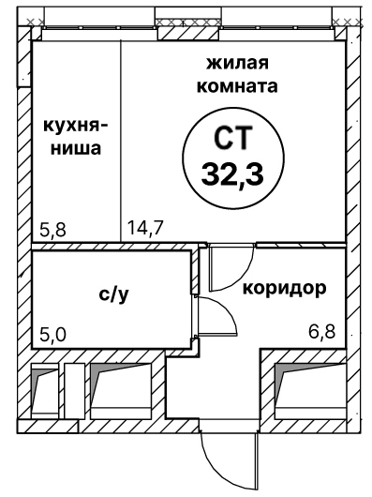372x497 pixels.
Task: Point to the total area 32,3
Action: [228, 173]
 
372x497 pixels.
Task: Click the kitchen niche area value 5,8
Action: [53, 227]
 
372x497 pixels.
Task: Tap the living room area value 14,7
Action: [142, 227]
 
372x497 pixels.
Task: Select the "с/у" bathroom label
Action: [112, 294]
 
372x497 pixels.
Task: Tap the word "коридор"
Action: [285, 287]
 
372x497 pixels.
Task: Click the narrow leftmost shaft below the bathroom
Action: [45, 389]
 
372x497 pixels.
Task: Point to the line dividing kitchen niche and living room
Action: [121, 141]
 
